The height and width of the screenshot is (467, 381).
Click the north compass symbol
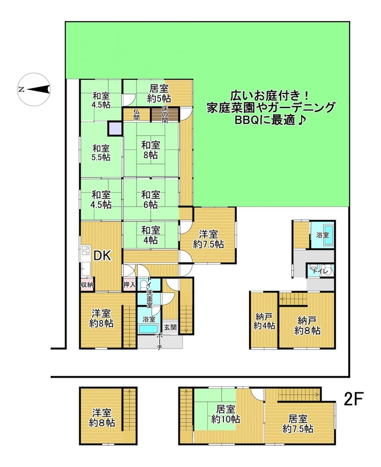tap(34, 89)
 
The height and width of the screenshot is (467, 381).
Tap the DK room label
tap(102, 255)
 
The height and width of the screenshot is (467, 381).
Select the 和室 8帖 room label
tap(151, 150)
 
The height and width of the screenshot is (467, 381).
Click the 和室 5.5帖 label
tap(101, 152)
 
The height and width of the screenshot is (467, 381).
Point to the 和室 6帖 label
tap(151, 200)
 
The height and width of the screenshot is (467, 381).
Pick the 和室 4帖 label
tap(151, 235)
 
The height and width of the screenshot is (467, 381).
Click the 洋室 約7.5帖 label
tap(208, 239)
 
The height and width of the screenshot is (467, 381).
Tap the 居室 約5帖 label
tap(159, 93)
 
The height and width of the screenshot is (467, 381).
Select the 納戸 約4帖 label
tap(264, 320)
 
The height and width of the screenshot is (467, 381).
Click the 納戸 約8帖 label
tap(307, 326)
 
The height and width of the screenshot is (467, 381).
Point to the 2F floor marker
tap(352, 399)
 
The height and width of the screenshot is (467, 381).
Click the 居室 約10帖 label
tap(226, 414)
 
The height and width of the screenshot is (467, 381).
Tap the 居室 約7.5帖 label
tap(298, 424)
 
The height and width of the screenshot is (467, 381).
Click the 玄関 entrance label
tap(170, 327)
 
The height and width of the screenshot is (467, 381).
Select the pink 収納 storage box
tap(87, 285)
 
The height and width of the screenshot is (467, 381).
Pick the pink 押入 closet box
tap(130, 285)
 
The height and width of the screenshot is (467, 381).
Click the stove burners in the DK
tap(86, 250)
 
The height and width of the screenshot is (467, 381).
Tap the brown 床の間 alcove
tap(165, 114)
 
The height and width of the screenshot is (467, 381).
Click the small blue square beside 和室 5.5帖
tap(115, 128)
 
